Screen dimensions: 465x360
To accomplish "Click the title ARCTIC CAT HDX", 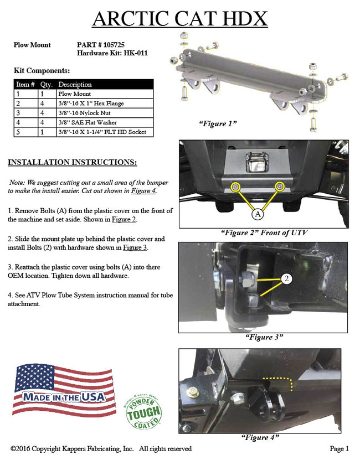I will tap(179, 19).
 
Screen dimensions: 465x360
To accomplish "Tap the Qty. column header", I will tap(47, 85).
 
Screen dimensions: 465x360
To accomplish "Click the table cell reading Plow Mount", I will tap(75, 94).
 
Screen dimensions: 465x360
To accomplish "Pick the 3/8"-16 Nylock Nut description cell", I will tap(88, 113).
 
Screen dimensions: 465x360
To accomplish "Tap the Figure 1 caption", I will tap(218, 123).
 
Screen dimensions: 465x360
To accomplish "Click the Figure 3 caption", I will tap(264, 337).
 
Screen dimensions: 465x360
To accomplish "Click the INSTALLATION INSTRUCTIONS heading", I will tap(72, 163).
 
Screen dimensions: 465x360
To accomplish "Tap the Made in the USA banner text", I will tap(64, 396).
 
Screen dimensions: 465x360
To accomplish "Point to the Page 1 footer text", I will tap(339, 449).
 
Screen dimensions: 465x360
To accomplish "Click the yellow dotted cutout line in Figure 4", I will tap(279, 381).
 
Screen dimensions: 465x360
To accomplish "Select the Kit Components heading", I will tap(42, 71).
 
